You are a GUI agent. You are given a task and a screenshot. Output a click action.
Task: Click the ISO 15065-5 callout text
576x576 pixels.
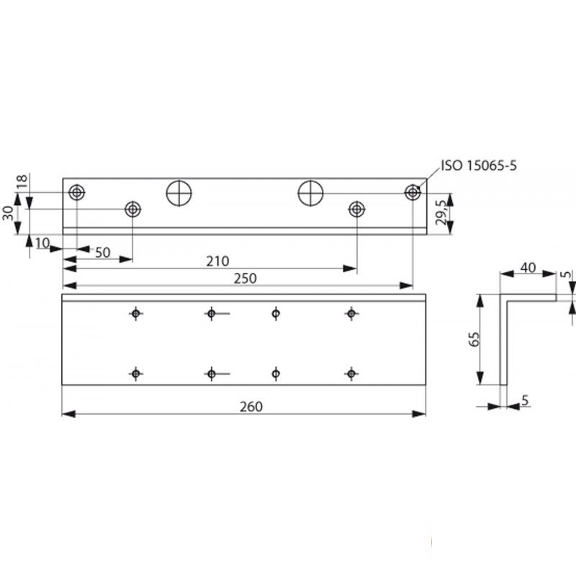tap(479, 166)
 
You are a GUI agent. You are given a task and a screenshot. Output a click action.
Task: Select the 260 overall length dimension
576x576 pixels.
tap(251, 407)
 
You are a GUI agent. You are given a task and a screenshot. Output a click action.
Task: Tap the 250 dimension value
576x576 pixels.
tap(245, 279)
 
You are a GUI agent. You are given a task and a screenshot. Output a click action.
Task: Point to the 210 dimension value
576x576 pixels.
tap(217, 261)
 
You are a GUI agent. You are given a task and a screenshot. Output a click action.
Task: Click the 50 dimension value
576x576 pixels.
tap(103, 253)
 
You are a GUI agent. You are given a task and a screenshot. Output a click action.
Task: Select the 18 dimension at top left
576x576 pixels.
tap(22, 181)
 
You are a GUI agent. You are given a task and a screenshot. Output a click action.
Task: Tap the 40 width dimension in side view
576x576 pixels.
tap(528, 268)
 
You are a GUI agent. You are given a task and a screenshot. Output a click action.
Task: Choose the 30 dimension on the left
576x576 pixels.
tap(8, 213)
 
